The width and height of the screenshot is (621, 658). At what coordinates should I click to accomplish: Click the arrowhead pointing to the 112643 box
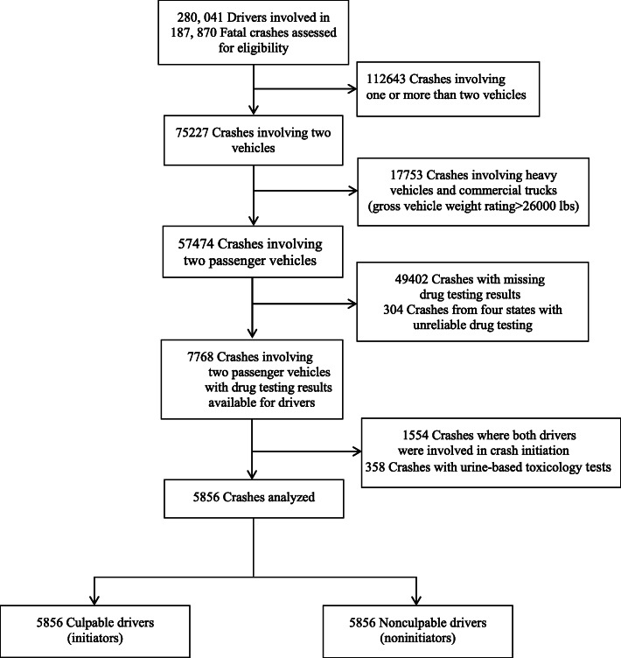tap(354, 88)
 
